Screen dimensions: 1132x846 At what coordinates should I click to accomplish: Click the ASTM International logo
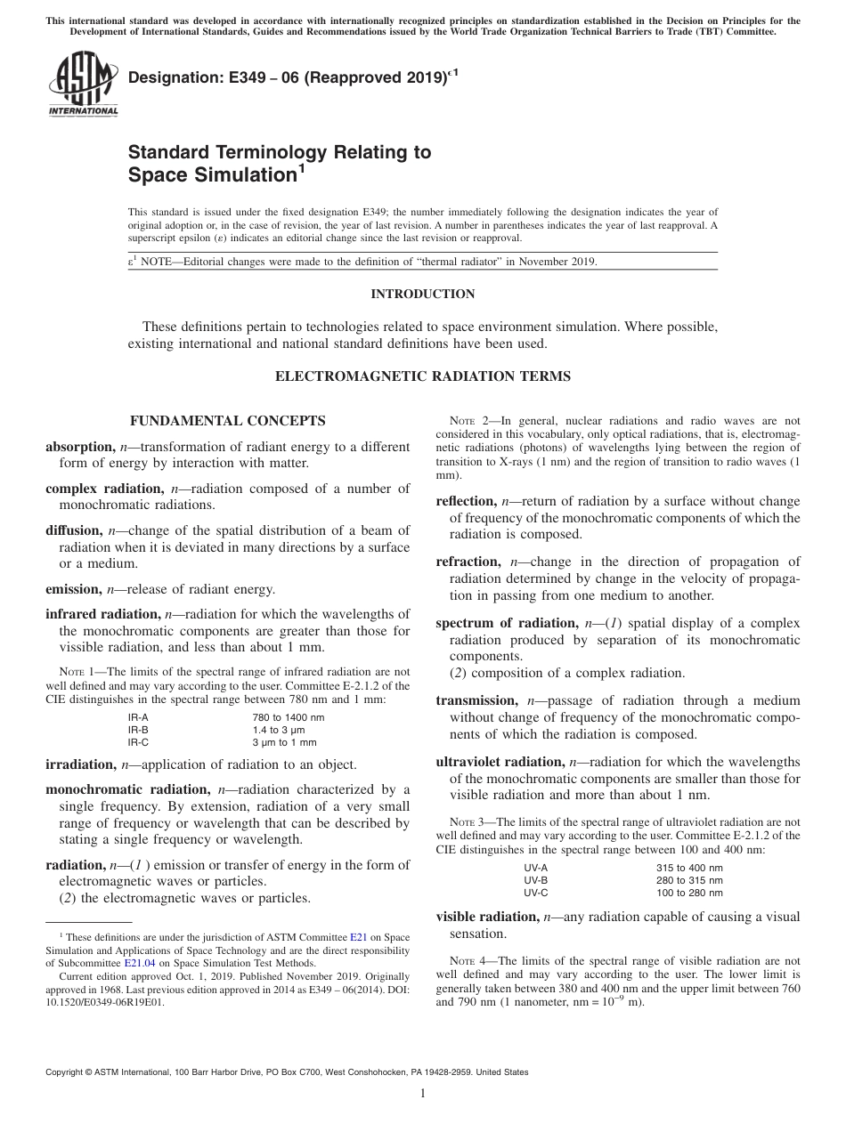coord(83,85)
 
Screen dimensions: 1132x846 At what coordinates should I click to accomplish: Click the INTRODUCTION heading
coord(422,295)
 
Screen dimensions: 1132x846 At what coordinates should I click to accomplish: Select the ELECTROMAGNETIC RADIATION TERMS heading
coord(422,376)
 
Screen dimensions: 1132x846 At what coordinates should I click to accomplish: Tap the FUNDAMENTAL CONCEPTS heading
coord(228,421)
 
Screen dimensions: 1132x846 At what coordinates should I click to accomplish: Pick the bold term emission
coord(74,589)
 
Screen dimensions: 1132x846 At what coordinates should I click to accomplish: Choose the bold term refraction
coord(468,562)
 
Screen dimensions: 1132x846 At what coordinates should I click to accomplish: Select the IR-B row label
coord(138,729)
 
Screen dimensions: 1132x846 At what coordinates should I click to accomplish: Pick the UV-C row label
coord(536,893)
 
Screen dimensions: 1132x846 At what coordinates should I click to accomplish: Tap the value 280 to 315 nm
coord(689,880)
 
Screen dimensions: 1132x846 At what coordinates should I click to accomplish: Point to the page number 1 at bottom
coord(423,1094)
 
